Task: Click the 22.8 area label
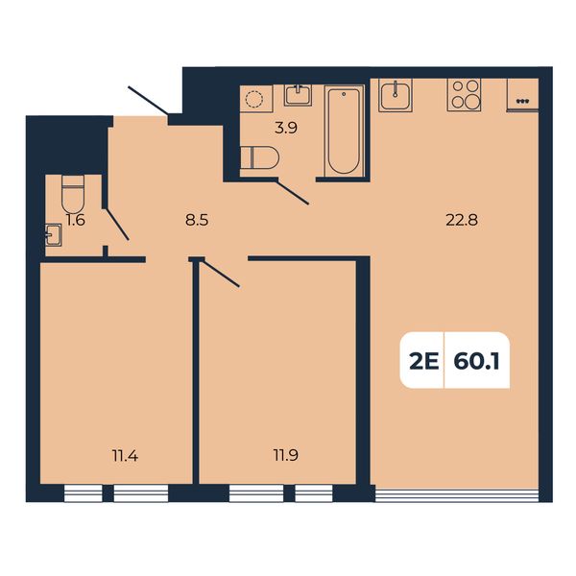click(462, 221)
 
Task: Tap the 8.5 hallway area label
click(197, 221)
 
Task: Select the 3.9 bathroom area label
click(286, 128)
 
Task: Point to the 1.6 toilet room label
click(76, 220)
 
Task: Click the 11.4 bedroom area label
click(125, 456)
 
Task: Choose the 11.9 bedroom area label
click(286, 455)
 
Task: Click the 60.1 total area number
click(476, 362)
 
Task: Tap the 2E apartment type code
click(424, 362)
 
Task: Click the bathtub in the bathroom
click(344, 131)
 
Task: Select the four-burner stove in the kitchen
click(464, 95)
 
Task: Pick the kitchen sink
click(396, 95)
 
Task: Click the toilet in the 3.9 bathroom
click(259, 157)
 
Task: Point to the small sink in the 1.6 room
click(53, 235)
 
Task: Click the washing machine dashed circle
click(254, 99)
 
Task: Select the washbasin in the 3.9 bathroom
click(298, 95)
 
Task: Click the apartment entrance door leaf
click(148, 100)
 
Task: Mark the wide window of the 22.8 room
click(457, 495)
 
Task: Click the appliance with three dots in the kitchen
click(522, 94)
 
